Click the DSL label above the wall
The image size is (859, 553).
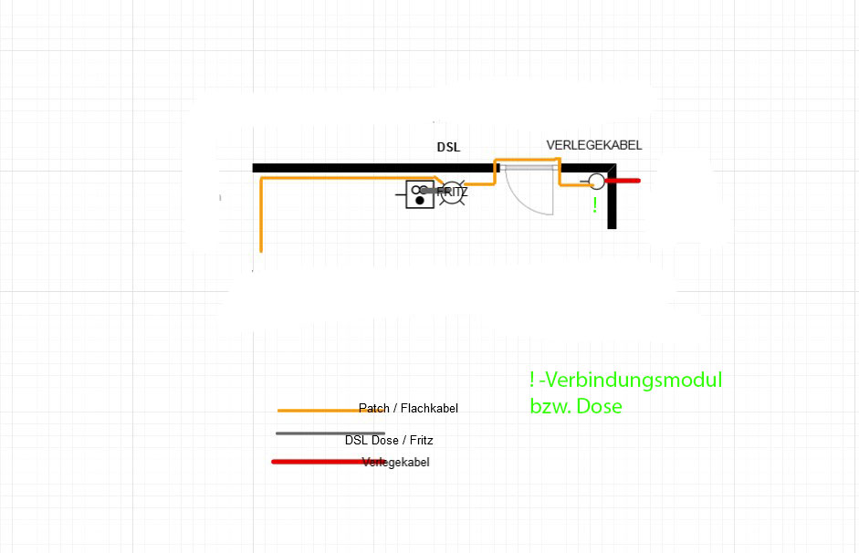pos(448,147)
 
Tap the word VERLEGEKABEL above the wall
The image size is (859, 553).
pos(593,145)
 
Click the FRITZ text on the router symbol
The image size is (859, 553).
pos(453,193)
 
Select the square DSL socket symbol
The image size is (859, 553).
pos(419,194)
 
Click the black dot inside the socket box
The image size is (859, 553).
pos(419,200)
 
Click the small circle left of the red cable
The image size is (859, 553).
pos(596,181)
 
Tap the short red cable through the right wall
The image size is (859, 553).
pos(624,181)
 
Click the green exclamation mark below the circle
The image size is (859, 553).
pos(595,205)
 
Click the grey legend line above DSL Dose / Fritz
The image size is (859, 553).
pos(330,433)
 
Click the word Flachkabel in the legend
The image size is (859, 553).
pos(430,409)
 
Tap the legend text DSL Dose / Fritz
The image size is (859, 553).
pos(389,440)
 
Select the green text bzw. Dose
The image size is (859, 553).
pos(575,406)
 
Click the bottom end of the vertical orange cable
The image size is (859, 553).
pos(262,249)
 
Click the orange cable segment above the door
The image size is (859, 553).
pos(527,161)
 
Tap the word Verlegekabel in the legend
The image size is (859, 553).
pos(396,463)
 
